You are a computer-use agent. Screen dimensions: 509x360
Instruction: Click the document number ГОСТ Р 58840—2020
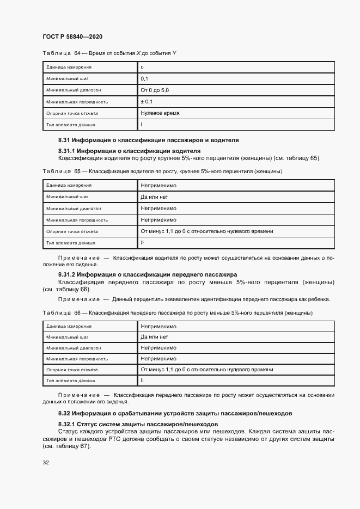point(72,36)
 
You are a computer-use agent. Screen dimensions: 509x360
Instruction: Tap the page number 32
point(46,463)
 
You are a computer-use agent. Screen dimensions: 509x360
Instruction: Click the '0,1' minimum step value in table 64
point(144,79)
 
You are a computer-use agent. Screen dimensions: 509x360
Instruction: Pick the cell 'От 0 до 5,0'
point(155,90)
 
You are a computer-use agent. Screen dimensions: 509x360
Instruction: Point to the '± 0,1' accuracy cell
point(147,102)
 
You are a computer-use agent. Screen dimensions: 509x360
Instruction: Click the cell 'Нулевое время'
point(160,113)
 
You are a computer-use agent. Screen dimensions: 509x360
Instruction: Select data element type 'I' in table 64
point(142,125)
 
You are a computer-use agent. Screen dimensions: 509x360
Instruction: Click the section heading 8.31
point(148,140)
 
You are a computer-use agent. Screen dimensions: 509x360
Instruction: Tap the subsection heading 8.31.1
point(129,151)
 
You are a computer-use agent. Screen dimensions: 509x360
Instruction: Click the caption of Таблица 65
point(162,171)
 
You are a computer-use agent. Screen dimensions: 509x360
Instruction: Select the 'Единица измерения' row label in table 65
point(69,186)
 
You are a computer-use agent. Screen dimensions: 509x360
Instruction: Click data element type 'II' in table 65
point(142,243)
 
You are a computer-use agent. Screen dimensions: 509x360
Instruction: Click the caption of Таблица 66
point(177,313)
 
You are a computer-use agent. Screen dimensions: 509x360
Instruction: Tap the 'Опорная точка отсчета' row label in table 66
point(72,370)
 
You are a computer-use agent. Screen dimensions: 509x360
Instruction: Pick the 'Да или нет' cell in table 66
point(155,337)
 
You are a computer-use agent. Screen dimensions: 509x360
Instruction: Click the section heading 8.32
point(175,413)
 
